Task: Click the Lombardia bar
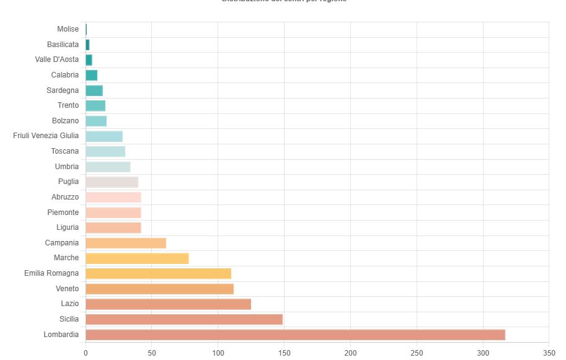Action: tap(295, 335)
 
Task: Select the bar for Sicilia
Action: tap(184, 319)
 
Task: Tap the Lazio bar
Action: tap(168, 304)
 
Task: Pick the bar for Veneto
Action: tap(159, 289)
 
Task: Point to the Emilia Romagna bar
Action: tap(158, 273)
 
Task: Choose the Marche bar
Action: tap(137, 258)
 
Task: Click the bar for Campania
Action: tap(126, 243)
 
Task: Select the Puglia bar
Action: tap(112, 182)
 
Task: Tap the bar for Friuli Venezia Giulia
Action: tap(104, 136)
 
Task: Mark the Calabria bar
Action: tap(91, 75)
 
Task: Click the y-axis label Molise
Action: tap(68, 29)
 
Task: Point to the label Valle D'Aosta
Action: tap(57, 59)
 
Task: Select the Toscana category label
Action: tap(65, 151)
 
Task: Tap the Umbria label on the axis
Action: tap(67, 167)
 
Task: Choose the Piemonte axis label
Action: tap(63, 213)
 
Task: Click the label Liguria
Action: tap(68, 227)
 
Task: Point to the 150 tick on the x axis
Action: tap(284, 353)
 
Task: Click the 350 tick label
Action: tap(549, 353)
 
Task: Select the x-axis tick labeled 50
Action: tap(151, 353)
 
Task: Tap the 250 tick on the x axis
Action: tap(417, 353)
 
